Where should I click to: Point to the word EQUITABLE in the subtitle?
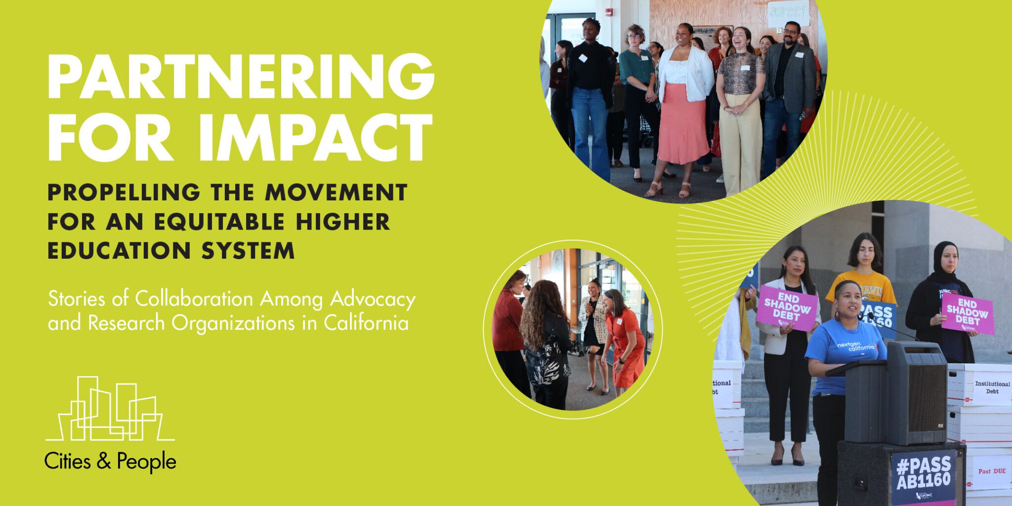(x=219, y=222)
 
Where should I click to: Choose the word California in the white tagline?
(x=366, y=323)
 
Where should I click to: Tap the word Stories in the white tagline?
(x=77, y=299)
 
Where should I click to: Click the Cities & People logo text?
(x=110, y=462)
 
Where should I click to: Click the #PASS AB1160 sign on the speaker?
(x=923, y=472)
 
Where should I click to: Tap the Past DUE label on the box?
(x=991, y=471)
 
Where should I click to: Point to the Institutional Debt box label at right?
(x=992, y=387)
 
